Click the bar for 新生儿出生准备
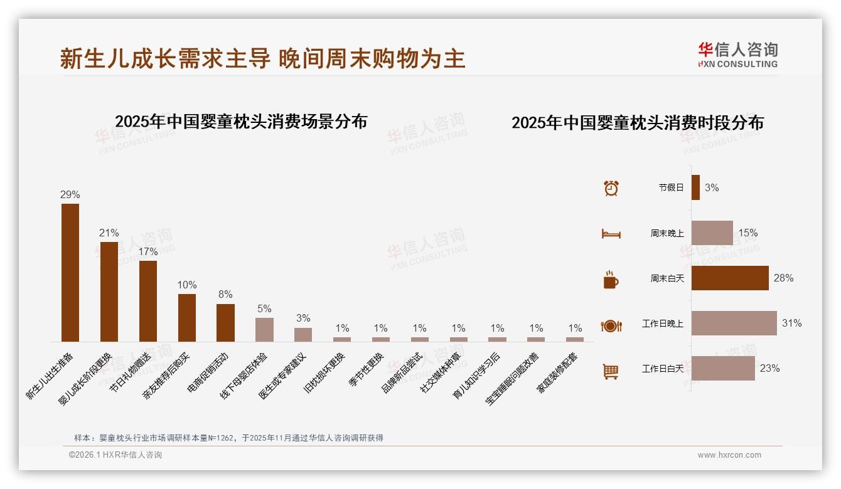pos(70,273)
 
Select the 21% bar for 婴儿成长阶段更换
pos(109,292)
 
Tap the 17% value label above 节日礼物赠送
pos(148,251)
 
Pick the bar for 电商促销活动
pos(225,323)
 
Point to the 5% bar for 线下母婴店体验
pos(264,330)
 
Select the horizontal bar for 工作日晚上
pos(734,323)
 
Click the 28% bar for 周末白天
pos(730,278)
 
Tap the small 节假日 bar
pos(695,187)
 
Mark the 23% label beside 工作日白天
pos(769,369)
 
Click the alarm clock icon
pos(611,188)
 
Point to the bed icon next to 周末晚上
pos(611,234)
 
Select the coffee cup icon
pos(611,280)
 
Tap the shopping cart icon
pos(611,371)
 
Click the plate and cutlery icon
pos(611,325)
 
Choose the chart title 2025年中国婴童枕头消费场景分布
pos(241,122)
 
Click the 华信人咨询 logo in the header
pos(737,55)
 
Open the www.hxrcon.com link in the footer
pos(729,455)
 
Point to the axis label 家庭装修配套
pos(557,374)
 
